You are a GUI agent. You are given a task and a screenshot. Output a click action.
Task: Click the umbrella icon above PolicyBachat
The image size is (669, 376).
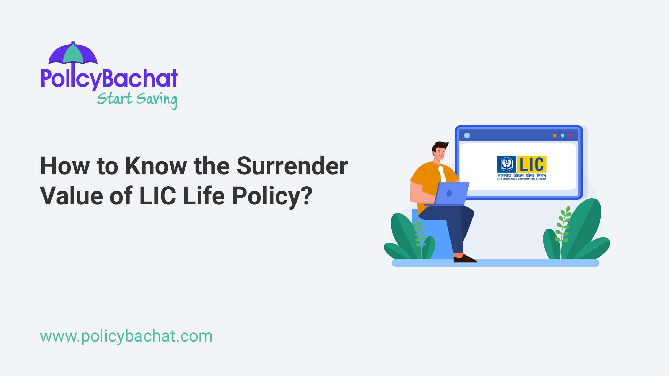pos(73,55)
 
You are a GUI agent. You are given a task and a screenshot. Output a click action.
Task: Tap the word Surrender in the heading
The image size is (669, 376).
pos(292,166)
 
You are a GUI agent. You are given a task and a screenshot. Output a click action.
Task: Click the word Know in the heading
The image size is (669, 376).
pos(156,166)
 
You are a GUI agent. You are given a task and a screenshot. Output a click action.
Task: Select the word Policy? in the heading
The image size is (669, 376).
pos(272,196)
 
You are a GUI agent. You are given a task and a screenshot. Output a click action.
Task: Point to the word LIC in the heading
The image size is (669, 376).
pos(157,196)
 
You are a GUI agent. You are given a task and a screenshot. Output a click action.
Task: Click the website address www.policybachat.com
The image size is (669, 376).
pos(126,336)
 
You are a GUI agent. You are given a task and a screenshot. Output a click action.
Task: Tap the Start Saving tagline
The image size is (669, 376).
pos(137,99)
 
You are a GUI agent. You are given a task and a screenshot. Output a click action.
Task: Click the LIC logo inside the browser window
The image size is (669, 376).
pos(521,167)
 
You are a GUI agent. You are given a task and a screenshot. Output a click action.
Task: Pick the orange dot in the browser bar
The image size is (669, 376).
pos(555,135)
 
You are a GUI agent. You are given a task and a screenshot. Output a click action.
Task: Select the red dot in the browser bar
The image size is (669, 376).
pos(570,135)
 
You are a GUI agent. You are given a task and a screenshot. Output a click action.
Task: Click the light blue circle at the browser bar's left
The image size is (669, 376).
pos(467,135)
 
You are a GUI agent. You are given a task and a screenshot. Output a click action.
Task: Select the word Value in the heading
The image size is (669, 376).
pos(71,196)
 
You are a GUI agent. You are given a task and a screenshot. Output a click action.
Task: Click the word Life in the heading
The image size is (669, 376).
pos(203,196)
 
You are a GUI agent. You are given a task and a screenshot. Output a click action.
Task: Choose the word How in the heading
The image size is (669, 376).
pos(65,166)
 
